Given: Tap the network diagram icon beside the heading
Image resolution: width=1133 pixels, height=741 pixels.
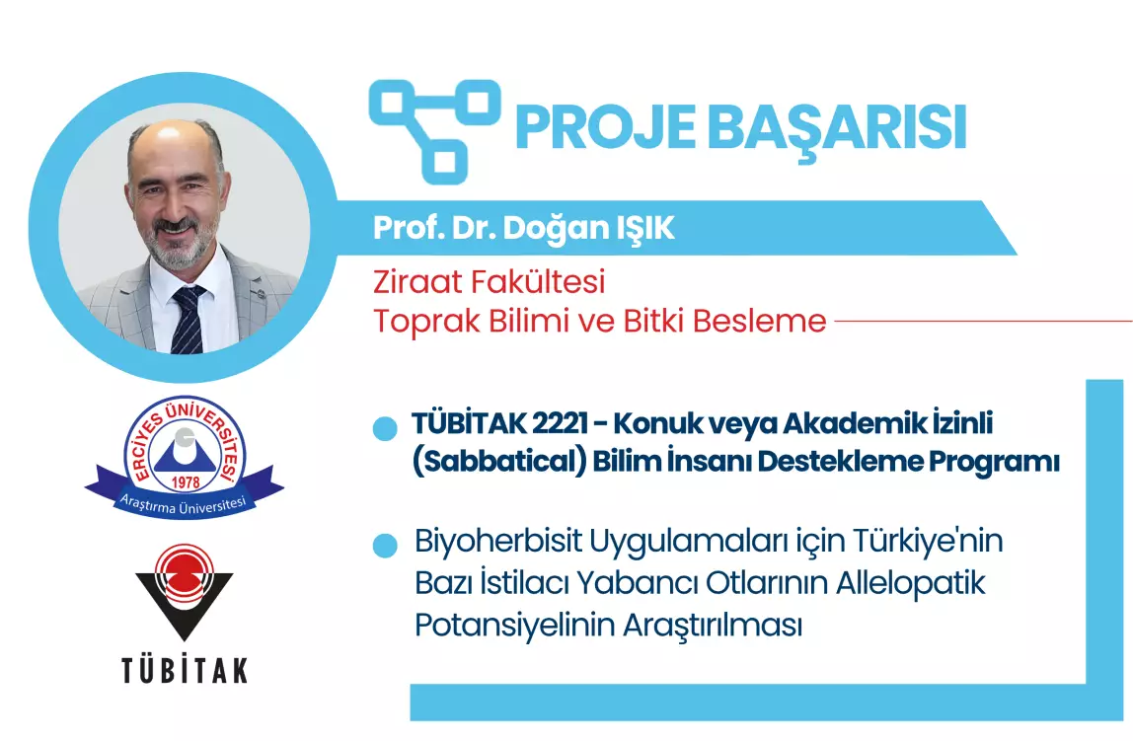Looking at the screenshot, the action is (434, 130).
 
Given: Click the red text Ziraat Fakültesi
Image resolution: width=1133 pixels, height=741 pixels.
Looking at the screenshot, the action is (489, 281).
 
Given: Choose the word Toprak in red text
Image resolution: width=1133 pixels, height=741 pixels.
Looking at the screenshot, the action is (426, 322).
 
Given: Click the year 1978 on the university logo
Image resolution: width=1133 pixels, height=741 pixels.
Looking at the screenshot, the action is (186, 482).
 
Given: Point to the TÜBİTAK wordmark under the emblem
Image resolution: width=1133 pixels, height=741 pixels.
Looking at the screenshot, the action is (185, 670).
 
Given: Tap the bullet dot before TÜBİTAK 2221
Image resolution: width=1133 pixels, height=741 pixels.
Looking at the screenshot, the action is (385, 428).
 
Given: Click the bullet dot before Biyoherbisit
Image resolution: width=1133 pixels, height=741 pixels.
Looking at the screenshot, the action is (385, 546).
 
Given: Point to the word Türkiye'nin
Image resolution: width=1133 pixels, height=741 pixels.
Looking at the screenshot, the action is (928, 541).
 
